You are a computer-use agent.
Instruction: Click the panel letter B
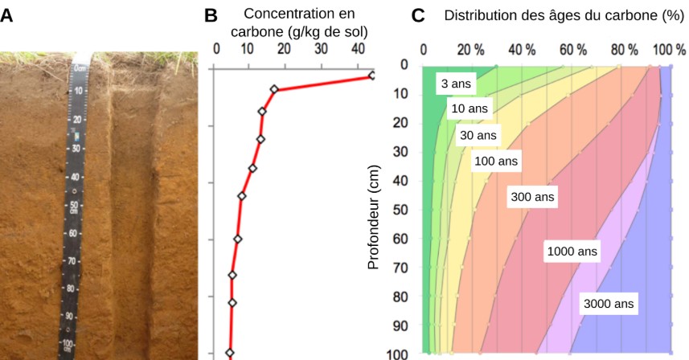pos(212,16)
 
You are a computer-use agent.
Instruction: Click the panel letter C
pos(418,16)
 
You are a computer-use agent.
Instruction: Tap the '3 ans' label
pos(456,84)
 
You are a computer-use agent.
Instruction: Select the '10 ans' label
pos(469,108)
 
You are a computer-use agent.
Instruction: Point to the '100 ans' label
pos(497,161)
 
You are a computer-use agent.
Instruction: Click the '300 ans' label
pos(532,197)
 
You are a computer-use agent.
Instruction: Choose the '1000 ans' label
pos(572,252)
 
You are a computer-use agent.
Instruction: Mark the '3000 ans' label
pos(609,304)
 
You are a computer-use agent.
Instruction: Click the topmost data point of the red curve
pos(371,76)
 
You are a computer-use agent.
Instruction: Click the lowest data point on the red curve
pos(229,352)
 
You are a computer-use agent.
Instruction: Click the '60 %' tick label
pos(573,48)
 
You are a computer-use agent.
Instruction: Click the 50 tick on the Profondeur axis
pos(404,210)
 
